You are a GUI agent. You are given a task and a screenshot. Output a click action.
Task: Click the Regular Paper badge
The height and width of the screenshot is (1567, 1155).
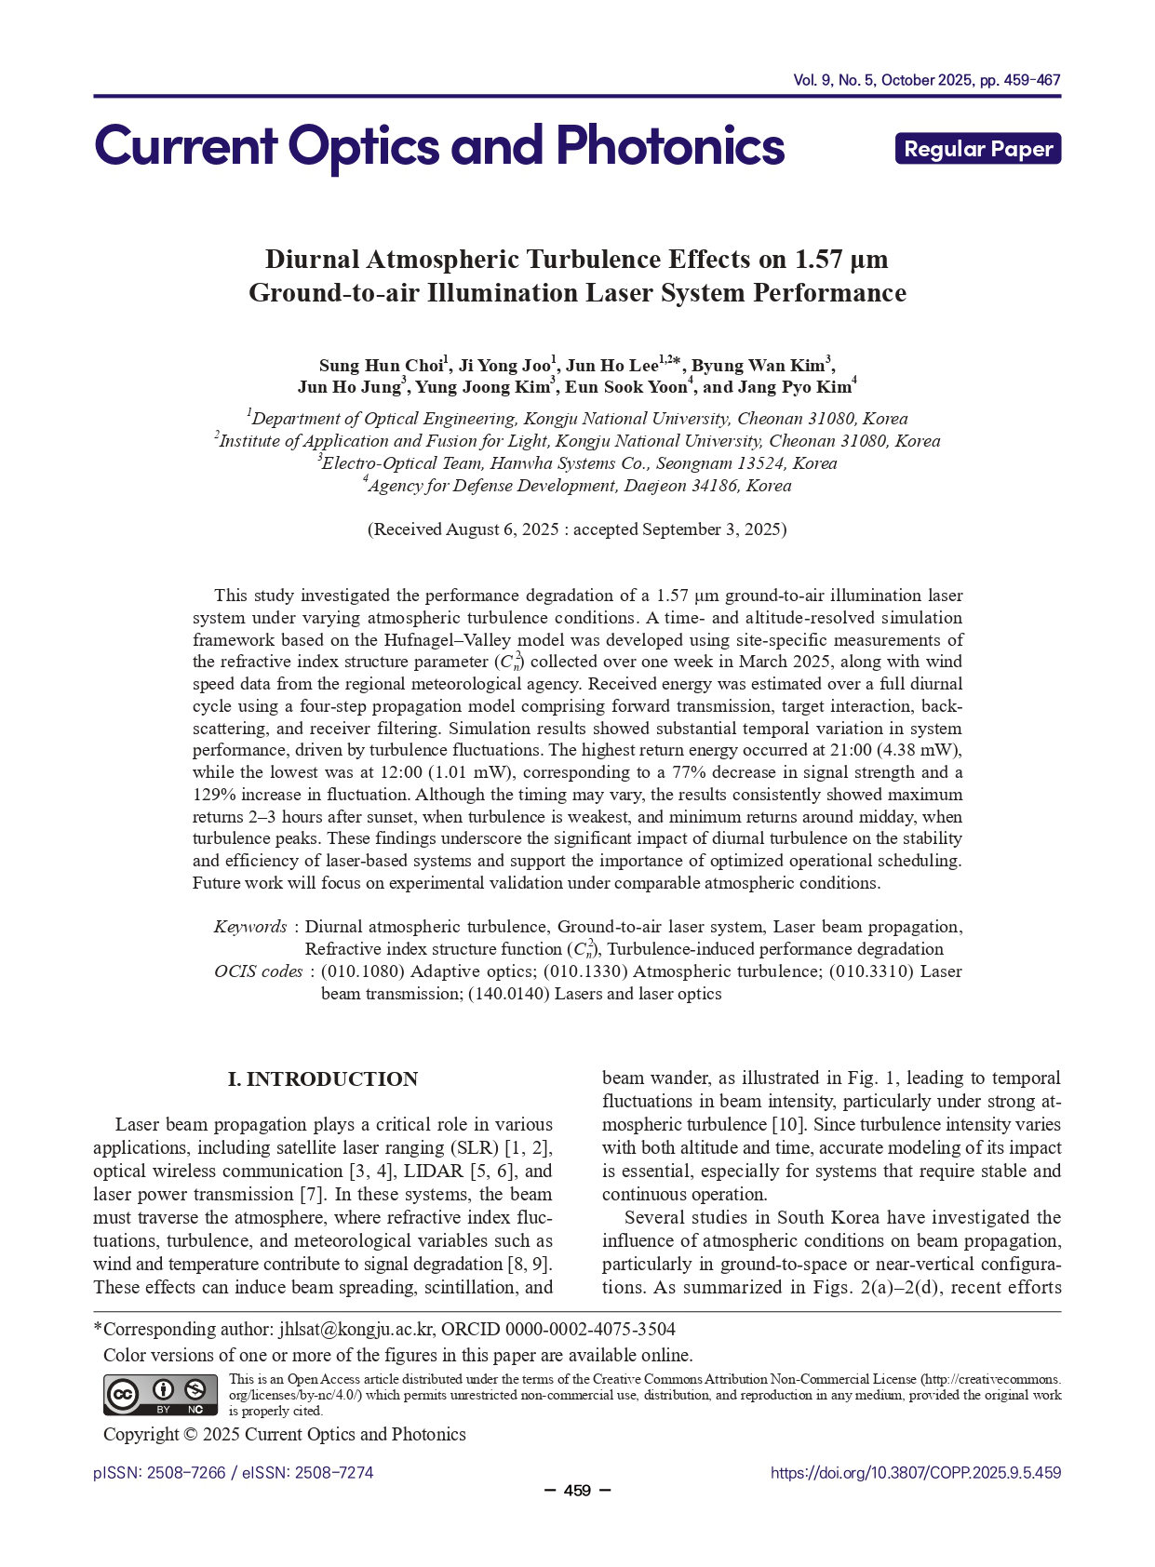(977, 149)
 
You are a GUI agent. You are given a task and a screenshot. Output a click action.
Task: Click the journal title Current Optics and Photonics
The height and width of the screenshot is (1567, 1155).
(439, 147)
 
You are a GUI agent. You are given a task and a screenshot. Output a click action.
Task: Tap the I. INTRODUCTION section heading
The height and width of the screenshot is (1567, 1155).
(323, 1079)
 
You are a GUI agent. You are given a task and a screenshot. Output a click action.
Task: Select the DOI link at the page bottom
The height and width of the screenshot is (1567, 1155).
(915, 1473)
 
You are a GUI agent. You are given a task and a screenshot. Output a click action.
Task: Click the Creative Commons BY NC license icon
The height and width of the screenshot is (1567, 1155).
(160, 1395)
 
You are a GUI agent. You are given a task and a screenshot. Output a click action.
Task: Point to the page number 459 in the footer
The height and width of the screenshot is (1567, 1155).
(577, 1491)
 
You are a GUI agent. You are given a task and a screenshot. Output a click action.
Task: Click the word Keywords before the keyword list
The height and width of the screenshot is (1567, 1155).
(250, 927)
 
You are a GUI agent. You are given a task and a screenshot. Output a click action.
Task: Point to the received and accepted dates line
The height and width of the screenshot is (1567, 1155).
(577, 529)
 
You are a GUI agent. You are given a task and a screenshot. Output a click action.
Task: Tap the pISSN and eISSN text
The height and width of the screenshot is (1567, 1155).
(234, 1473)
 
